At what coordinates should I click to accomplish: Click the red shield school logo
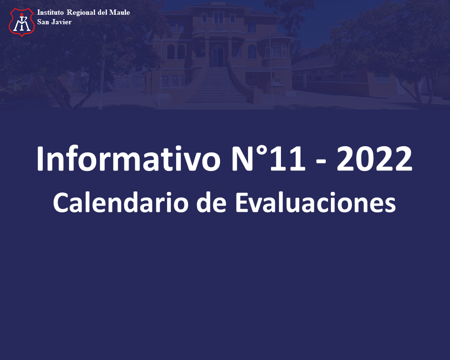click(22, 22)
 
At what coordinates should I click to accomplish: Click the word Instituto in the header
click(50, 12)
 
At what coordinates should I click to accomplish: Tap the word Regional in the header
click(81, 13)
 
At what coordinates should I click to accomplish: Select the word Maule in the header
click(120, 12)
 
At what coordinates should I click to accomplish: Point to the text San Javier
click(54, 22)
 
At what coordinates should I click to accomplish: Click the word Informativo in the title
click(128, 159)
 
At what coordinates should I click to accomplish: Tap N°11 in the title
click(269, 159)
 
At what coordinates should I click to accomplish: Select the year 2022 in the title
click(374, 159)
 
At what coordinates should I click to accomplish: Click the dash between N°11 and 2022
click(321, 163)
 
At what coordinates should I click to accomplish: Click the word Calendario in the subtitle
click(120, 202)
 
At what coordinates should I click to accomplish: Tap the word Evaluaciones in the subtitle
click(315, 202)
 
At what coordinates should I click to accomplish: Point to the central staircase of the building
click(217, 84)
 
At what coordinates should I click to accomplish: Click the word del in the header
click(102, 12)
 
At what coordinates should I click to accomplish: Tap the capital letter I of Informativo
click(40, 159)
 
